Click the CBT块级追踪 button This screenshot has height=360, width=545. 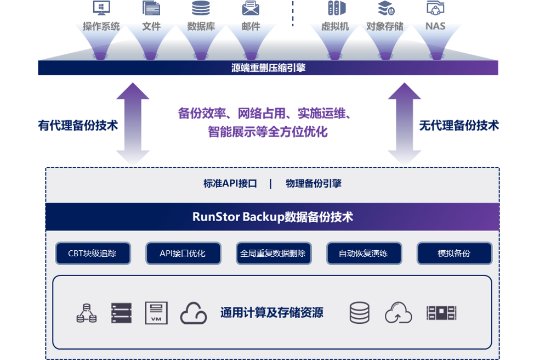(x=93, y=254)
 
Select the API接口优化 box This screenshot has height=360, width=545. (x=183, y=254)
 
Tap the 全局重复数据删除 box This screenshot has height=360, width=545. (x=273, y=254)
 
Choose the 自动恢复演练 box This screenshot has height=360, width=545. (x=364, y=254)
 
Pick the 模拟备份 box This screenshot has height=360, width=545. (x=454, y=254)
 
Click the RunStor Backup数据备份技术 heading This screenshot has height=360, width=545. (x=272, y=217)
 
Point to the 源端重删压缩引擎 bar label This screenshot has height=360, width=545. (x=268, y=68)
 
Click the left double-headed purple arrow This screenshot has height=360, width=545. (x=133, y=124)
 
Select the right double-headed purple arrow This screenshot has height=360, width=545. (x=405, y=124)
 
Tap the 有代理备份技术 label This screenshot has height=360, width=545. (x=78, y=125)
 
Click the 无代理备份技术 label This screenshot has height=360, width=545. (x=459, y=125)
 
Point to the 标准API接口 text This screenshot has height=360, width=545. (x=230, y=183)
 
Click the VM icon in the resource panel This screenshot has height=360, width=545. (x=156, y=313)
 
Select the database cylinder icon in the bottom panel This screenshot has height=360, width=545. (x=360, y=313)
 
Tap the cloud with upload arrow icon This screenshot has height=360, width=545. (x=399, y=313)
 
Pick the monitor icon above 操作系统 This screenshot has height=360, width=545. (x=101, y=8)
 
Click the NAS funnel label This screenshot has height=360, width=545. (x=435, y=26)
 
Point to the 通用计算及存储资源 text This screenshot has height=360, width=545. (x=271, y=313)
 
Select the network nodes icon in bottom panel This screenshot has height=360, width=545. (x=86, y=313)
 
